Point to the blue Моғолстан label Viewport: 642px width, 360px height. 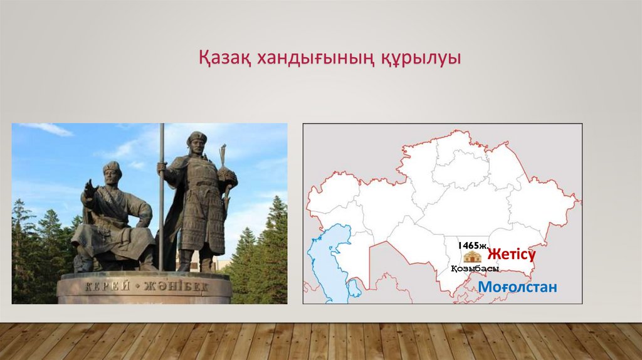[x=517, y=287]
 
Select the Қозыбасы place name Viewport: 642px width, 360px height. [x=475, y=268]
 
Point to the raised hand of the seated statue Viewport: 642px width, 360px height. [x=89, y=188]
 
